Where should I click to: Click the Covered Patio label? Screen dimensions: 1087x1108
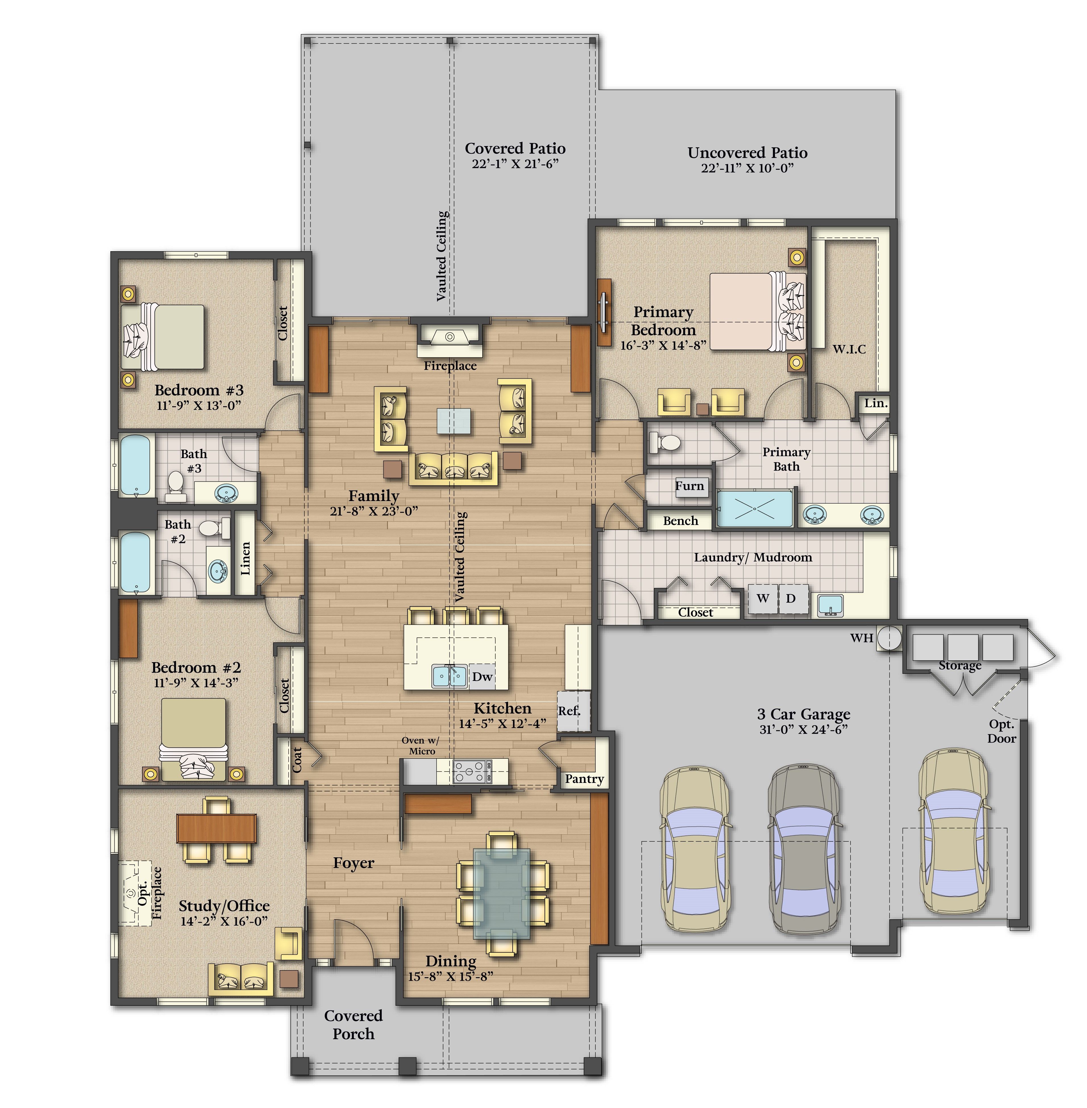click(515, 148)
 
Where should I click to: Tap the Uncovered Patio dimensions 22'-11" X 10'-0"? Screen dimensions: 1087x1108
click(747, 168)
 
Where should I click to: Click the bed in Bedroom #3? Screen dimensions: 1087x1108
click(163, 337)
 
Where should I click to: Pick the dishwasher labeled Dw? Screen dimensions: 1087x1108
click(482, 676)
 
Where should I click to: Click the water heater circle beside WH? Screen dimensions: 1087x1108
click(889, 638)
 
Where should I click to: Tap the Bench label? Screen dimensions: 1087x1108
click(681, 521)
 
